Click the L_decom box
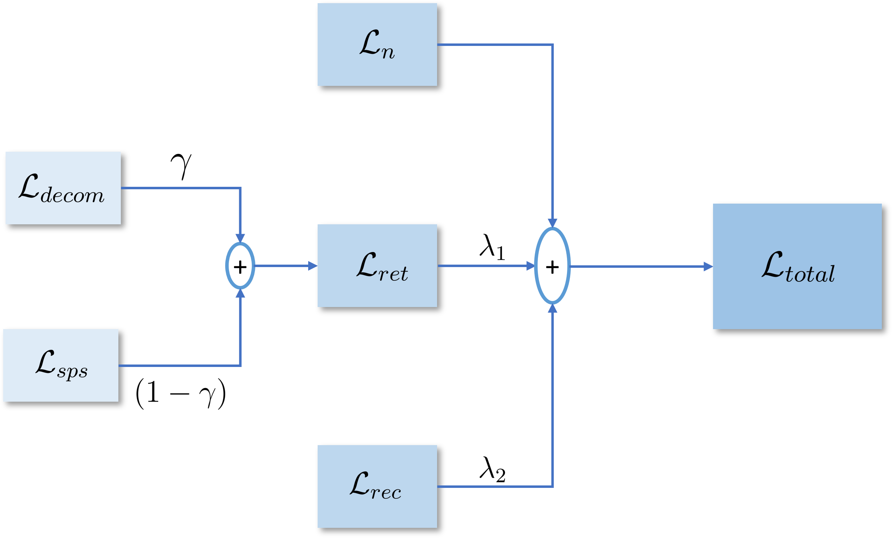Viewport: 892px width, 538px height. [63, 188]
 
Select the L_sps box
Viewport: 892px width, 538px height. [61, 365]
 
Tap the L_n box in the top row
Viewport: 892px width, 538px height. [377, 44]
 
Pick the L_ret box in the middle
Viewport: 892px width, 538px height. [377, 266]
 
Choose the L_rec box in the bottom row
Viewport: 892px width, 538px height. [377, 486]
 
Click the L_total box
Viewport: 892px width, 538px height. [797, 266]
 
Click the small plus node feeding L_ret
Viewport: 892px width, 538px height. [240, 266]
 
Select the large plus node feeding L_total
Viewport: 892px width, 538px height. [552, 266]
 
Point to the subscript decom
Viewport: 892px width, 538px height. [72, 196]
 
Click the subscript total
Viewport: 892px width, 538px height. [810, 274]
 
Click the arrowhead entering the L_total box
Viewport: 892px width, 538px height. [708, 267]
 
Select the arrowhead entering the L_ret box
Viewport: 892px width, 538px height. [312, 266]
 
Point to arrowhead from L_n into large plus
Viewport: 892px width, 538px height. [552, 223]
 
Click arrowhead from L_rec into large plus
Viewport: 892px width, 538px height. [552, 309]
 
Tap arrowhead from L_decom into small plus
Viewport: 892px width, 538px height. [240, 238]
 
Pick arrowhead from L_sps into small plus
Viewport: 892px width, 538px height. [240, 293]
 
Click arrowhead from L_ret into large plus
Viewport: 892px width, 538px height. [530, 266]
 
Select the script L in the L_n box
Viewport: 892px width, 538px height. [369, 42]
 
